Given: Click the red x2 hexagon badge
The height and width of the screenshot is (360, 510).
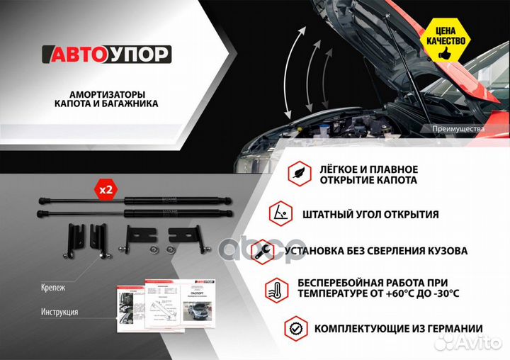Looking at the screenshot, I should click(106, 190).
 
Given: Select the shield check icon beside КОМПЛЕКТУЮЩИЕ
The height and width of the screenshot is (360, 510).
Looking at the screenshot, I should click(296, 328).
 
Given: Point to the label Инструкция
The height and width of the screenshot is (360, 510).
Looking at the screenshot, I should click(59, 312).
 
